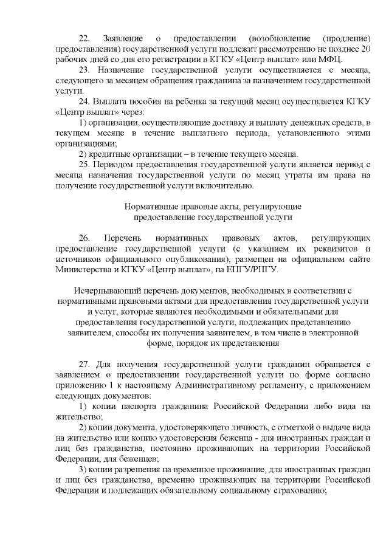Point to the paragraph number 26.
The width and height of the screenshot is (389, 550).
[x=85, y=238]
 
